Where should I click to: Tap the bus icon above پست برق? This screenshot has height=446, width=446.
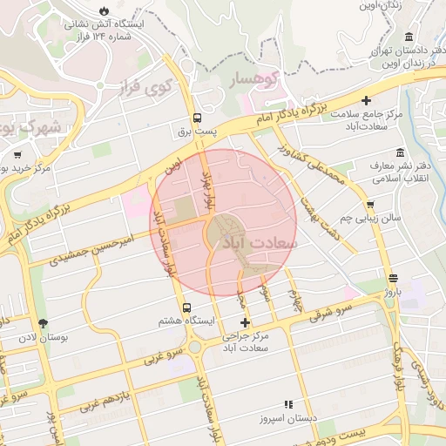(198, 118)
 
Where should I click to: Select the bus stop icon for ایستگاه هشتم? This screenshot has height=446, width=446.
(187, 307)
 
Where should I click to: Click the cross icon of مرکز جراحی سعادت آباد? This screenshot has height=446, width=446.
(245, 323)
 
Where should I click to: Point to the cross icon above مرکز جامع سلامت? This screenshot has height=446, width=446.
(367, 101)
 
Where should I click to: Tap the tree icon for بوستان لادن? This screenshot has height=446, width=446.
(44, 324)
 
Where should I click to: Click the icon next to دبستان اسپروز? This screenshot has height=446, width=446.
(288, 403)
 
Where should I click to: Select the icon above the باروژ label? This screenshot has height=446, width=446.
(394, 278)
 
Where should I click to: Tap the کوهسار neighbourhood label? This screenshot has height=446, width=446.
(255, 78)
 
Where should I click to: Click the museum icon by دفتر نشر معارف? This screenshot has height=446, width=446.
(400, 153)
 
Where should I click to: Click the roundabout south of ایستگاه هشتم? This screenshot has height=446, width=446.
(194, 347)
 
